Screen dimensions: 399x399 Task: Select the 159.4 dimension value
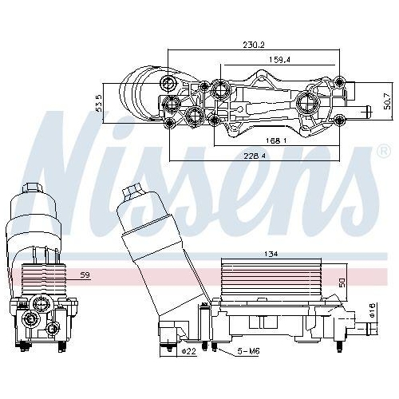[x=279, y=59]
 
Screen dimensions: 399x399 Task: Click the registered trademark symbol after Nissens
[x=381, y=151]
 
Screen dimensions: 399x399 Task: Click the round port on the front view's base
[x=33, y=320]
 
